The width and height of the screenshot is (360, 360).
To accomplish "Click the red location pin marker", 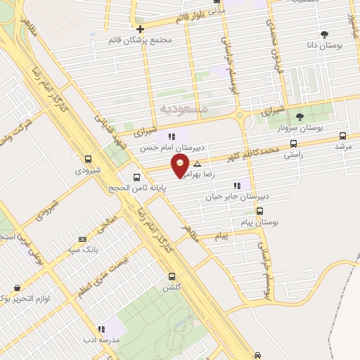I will tap(181, 166).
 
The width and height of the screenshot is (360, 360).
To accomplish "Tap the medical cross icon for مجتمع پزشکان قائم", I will tap(141, 30).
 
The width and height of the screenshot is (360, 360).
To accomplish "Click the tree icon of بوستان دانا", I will tap(324, 34).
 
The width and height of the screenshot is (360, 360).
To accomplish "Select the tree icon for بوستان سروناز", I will tap(300, 117).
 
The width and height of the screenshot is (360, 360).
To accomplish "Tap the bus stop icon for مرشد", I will tap(342, 136).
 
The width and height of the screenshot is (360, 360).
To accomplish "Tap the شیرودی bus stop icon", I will tap(88, 159).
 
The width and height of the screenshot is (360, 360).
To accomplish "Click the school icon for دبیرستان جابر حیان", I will tap(236, 186).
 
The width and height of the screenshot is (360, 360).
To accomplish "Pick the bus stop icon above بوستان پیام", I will tap(259, 210).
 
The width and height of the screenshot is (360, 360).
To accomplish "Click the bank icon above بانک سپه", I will tap(83, 239).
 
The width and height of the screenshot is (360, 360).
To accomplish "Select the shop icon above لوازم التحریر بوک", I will tap(17, 288).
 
